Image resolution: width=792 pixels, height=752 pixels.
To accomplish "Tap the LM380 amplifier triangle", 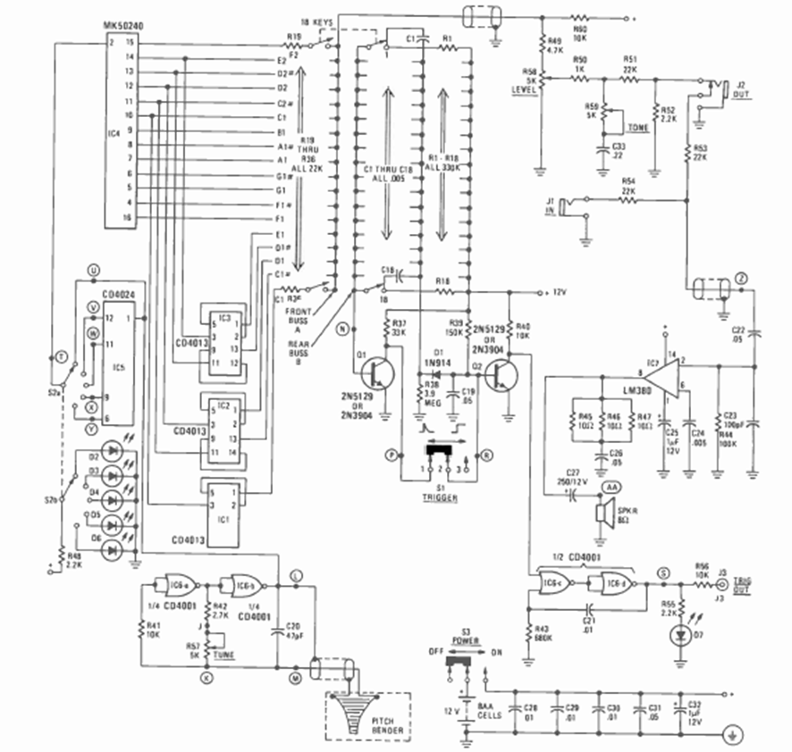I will pyautogui.click(x=657, y=368).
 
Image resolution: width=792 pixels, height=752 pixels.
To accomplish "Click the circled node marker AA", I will pyautogui.click(x=612, y=488).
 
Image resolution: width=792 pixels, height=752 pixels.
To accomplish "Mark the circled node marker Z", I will pyautogui.click(x=744, y=279).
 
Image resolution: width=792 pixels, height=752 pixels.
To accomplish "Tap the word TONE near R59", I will pyautogui.click(x=637, y=128).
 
